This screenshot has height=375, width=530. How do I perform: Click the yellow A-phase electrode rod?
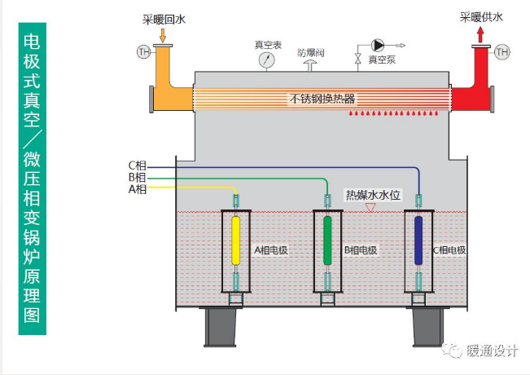click(x=235, y=240)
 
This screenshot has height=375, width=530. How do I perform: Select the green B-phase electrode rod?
click(x=327, y=240)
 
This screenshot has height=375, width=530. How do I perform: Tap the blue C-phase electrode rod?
click(x=418, y=240)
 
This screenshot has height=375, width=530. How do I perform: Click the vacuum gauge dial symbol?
click(x=267, y=60)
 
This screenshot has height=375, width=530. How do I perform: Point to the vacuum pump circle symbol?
click(x=378, y=45)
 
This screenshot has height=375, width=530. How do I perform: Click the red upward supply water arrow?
click(x=480, y=35)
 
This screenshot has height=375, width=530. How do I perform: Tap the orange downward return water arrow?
click(x=163, y=36)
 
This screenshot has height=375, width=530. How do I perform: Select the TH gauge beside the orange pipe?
click(x=143, y=52)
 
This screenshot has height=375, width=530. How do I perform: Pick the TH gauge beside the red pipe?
click(x=502, y=52)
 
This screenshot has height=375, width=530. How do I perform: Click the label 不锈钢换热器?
click(x=322, y=99)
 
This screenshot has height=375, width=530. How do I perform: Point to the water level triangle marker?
click(x=370, y=207)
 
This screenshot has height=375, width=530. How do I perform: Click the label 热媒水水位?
click(x=373, y=195)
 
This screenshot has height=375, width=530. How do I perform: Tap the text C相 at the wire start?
click(x=138, y=165)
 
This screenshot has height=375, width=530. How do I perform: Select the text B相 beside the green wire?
click(x=138, y=178)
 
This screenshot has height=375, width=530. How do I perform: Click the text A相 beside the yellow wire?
click(x=138, y=189)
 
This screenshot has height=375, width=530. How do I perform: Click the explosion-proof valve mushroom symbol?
click(x=310, y=65)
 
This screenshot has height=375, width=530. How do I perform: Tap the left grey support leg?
click(x=220, y=327)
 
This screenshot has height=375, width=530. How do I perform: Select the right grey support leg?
click(x=427, y=327)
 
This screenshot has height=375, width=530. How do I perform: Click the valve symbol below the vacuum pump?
click(x=357, y=59)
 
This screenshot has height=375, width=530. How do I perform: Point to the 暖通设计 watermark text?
click(x=492, y=351)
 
